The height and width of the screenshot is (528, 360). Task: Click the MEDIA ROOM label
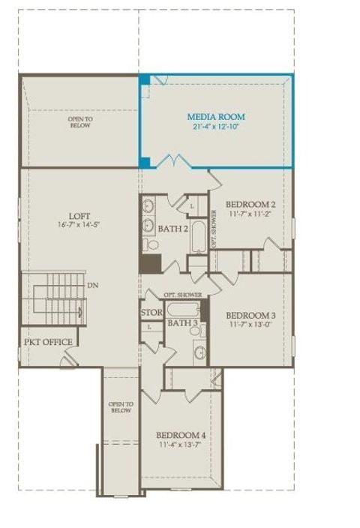pyautogui.click(x=216, y=117)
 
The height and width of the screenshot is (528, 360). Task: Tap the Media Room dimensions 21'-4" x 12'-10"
pyautogui.click(x=216, y=127)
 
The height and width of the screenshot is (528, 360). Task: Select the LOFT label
pyautogui.click(x=79, y=216)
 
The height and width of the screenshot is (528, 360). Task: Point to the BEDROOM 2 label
pyautogui.click(x=250, y=205)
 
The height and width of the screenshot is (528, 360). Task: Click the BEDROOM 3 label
pyautogui.click(x=250, y=316)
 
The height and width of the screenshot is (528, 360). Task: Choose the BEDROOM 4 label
pyautogui.click(x=181, y=435)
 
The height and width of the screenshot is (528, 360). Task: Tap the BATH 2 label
pyautogui.click(x=173, y=229)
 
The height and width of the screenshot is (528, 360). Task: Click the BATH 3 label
pyautogui.click(x=182, y=323)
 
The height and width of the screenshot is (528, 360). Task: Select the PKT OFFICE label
pyautogui.click(x=48, y=342)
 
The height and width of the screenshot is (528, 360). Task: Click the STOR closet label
pyautogui.click(x=151, y=313)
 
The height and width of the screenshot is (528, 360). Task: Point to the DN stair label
pyautogui.click(x=92, y=286)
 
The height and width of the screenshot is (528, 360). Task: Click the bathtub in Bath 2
pyautogui.click(x=198, y=237)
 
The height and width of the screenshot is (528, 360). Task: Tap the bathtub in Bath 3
pyautogui.click(x=183, y=310)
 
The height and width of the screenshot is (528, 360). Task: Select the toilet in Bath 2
pyautogui.click(x=151, y=244)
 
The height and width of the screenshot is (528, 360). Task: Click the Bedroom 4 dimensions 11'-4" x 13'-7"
pyautogui.click(x=180, y=445)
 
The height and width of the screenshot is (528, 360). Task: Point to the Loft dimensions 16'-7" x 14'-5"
pyautogui.click(x=79, y=224)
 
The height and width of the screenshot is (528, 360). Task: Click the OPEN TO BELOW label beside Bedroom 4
pyautogui.click(x=121, y=407)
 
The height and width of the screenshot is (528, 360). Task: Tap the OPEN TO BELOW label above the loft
pyautogui.click(x=80, y=122)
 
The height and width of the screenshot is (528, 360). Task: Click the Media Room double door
pyautogui.click(x=174, y=161)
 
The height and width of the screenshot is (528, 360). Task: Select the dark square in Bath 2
pyautogui.click(x=151, y=264)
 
